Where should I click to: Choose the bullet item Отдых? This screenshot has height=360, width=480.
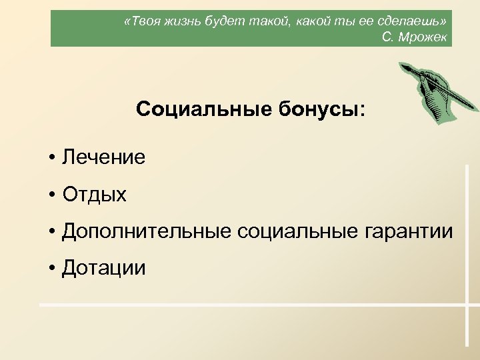(94, 195)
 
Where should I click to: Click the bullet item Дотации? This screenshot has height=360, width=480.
(103, 268)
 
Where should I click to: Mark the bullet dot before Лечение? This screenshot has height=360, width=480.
(51, 159)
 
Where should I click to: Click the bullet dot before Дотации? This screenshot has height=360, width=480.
(51, 269)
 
